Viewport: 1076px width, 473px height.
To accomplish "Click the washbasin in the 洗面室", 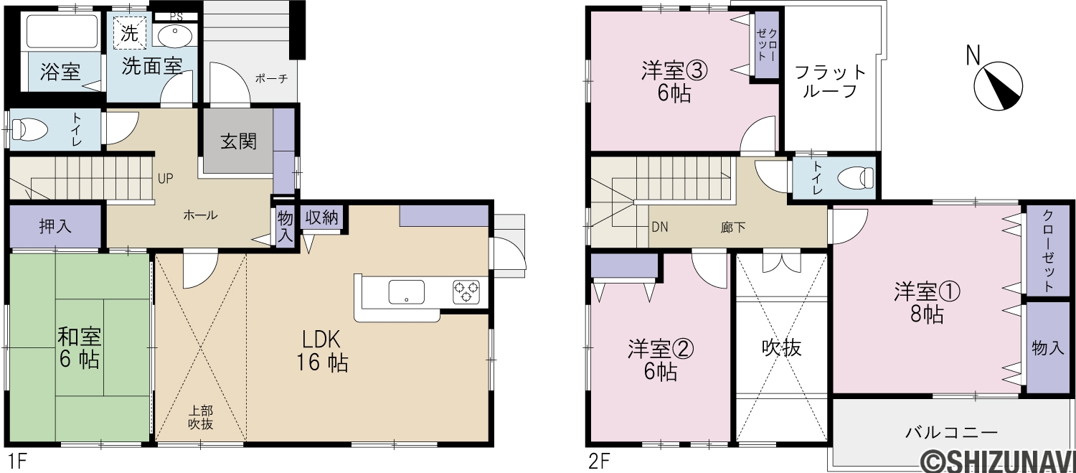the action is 175,36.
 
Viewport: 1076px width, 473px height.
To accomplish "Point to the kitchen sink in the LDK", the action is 407,292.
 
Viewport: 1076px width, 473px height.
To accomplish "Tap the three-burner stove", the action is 466,292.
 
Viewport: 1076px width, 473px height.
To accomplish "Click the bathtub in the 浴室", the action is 62,32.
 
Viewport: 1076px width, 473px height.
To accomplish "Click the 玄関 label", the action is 239,141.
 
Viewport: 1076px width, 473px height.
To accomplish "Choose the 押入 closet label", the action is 55,226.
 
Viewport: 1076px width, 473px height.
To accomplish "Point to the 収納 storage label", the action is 321,217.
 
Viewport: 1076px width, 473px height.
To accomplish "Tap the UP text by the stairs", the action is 165,179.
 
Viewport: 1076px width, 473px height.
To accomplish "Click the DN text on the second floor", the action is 659,227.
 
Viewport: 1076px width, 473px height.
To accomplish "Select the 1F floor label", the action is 16,462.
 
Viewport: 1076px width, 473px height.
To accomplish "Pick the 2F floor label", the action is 599,462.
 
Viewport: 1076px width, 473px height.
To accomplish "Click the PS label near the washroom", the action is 176,17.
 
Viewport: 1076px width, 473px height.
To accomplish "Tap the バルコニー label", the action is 952,433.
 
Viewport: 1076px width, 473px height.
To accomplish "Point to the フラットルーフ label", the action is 830,82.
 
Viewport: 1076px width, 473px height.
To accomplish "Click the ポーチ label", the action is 271,78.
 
